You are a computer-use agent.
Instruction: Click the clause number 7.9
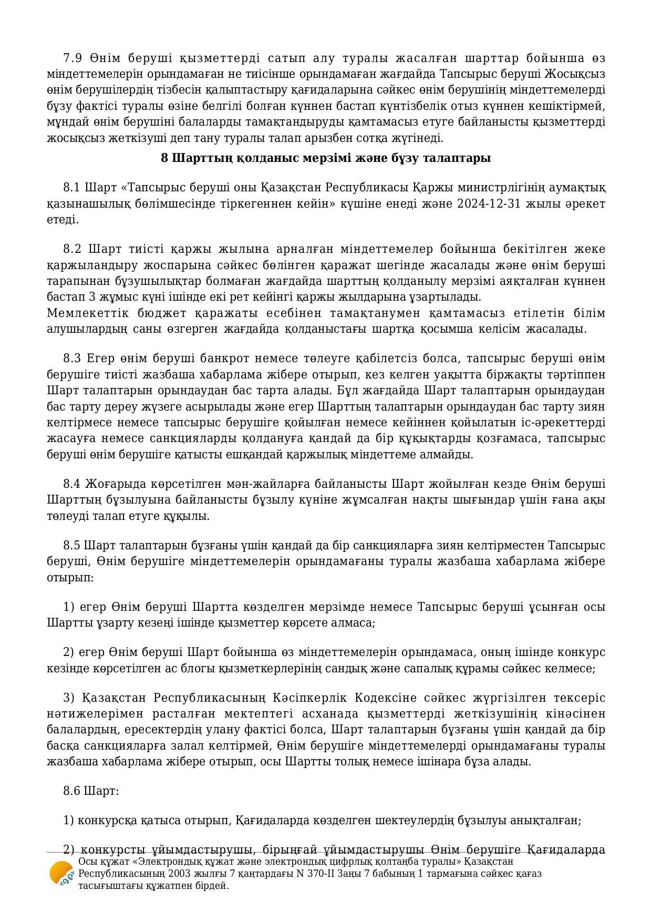point(72,58)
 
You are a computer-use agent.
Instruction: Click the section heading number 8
point(164,158)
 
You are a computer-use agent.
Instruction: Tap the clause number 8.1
point(72,188)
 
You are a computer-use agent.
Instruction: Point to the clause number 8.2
point(72,249)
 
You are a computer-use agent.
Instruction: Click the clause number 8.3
point(72,358)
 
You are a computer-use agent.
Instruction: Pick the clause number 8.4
point(72,484)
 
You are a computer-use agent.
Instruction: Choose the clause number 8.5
point(72,545)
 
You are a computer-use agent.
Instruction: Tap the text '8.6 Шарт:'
point(91,791)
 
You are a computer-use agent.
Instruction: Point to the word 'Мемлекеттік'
point(79,313)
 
